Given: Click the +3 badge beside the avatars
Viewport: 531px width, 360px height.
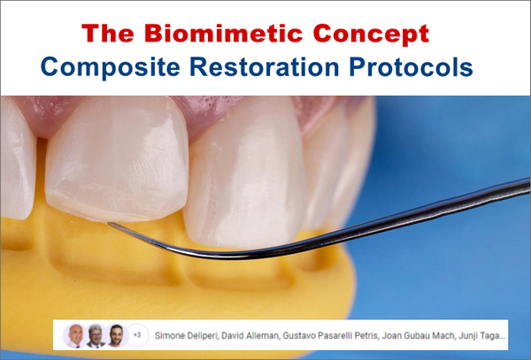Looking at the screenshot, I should point(136,335).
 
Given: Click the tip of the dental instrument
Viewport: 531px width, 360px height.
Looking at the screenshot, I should point(108,224).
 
